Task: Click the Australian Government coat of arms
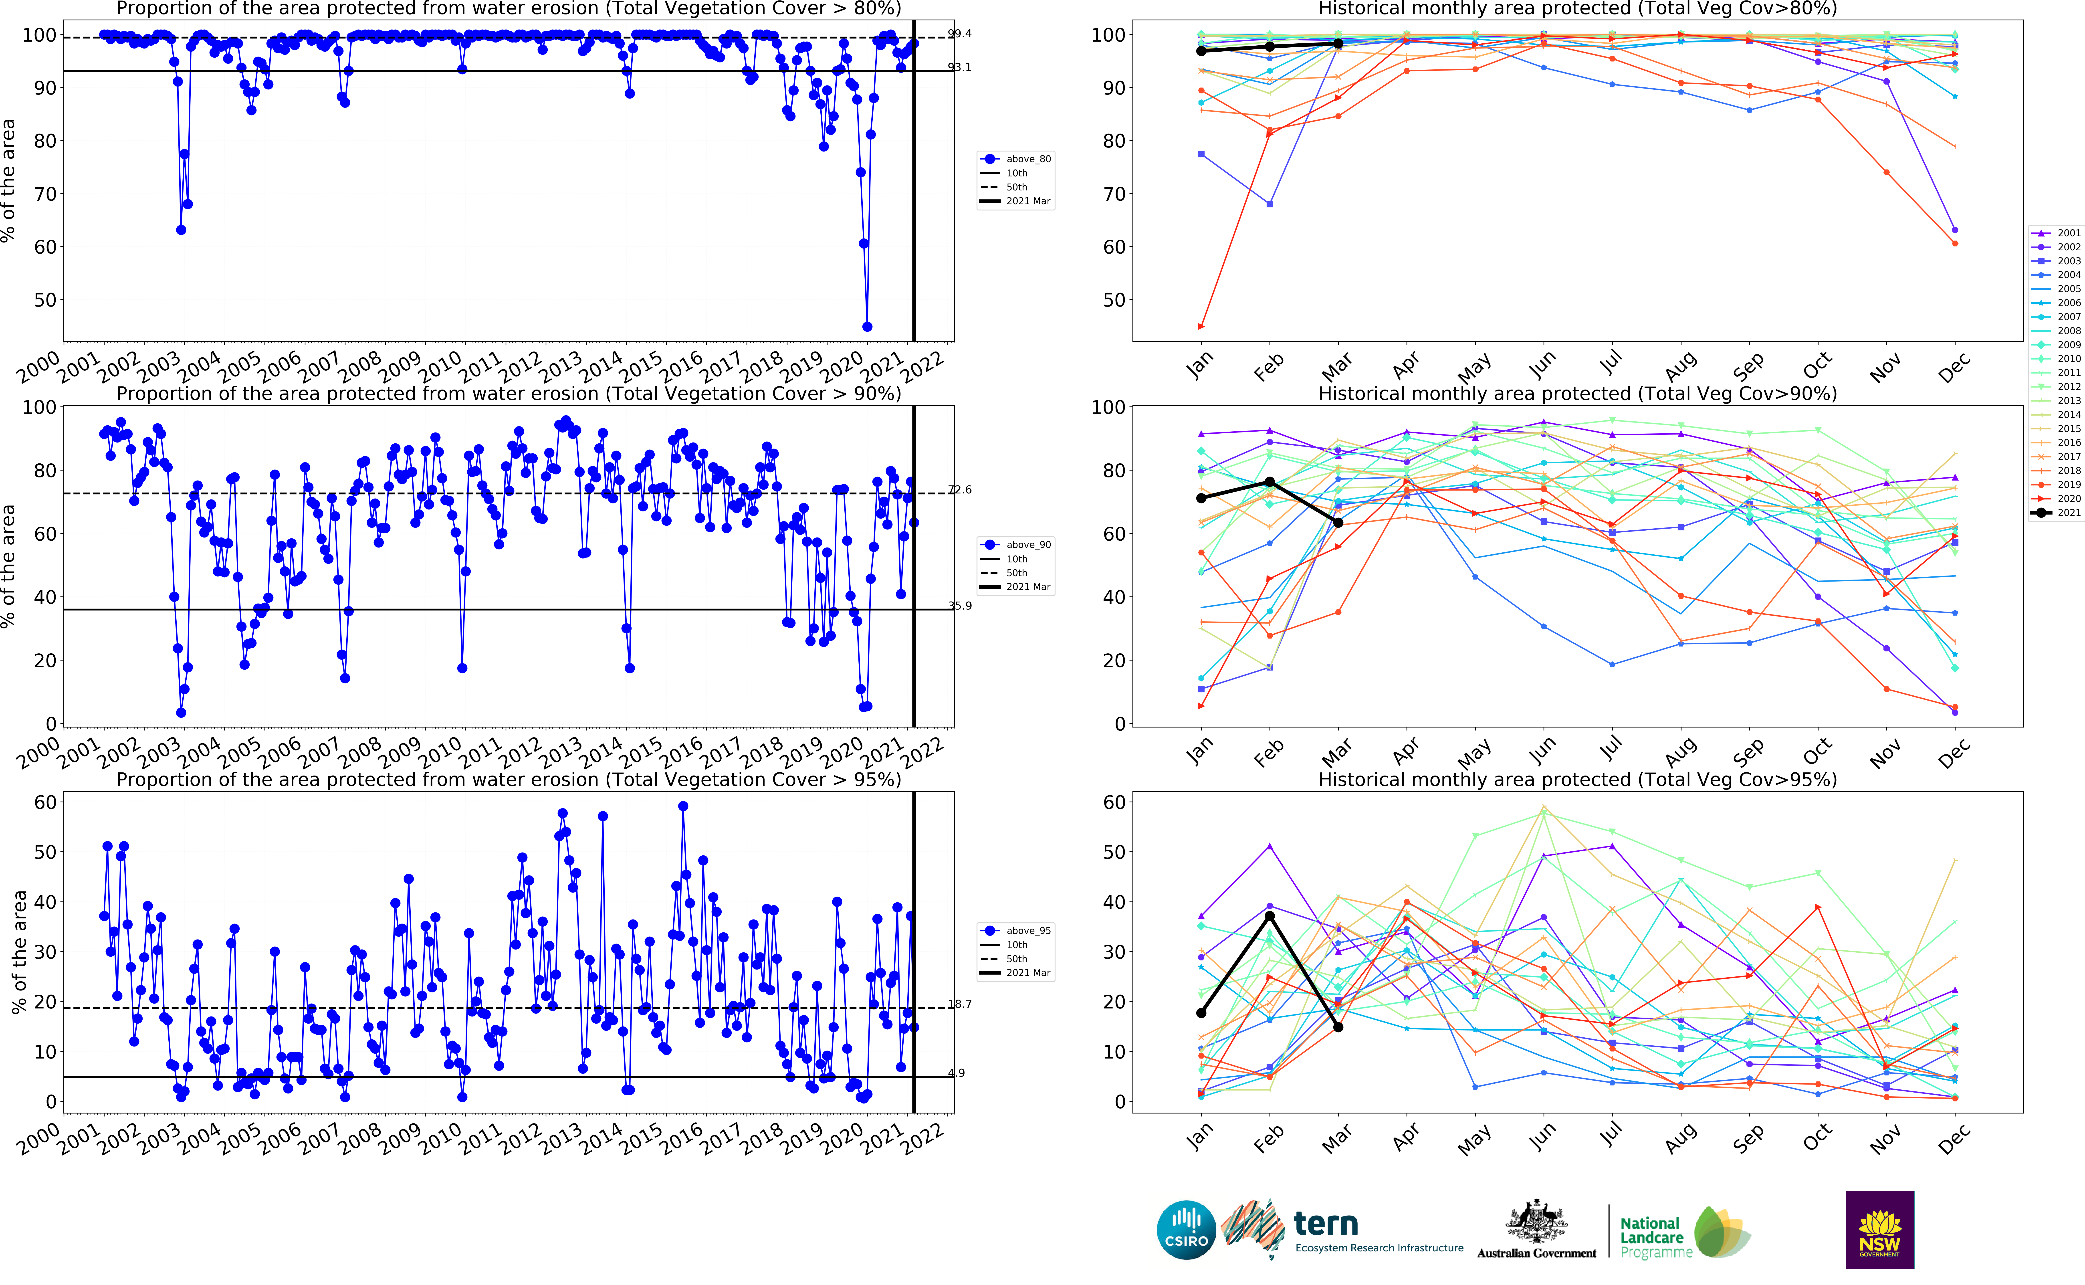[1536, 1222]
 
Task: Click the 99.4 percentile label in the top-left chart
[959, 34]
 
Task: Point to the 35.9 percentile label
[959, 606]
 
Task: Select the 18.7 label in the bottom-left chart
[959, 1004]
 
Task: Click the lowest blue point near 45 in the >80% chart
[867, 326]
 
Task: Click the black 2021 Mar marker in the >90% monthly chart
[1338, 523]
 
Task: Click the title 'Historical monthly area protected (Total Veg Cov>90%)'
[1577, 394]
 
